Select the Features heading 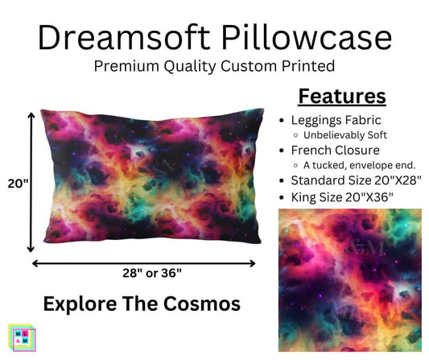pyautogui.click(x=343, y=97)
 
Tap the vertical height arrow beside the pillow pyautogui.click(x=31, y=182)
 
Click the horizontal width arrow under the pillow pyautogui.click(x=144, y=261)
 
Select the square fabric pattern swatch pyautogui.click(x=350, y=280)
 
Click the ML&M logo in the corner pyautogui.click(x=23, y=337)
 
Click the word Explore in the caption pyautogui.click(x=77, y=304)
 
